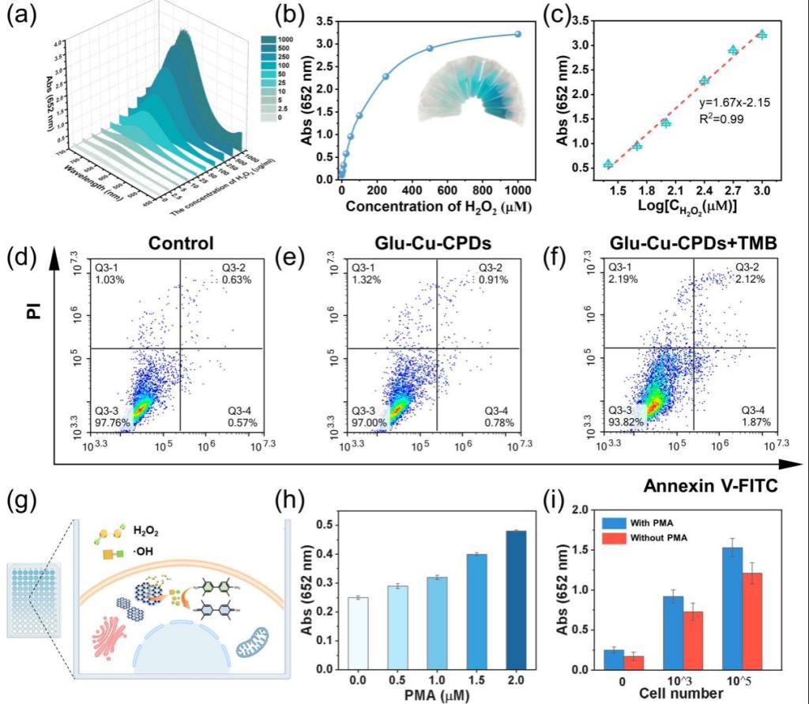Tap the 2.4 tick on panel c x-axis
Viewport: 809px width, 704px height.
tap(704, 192)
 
